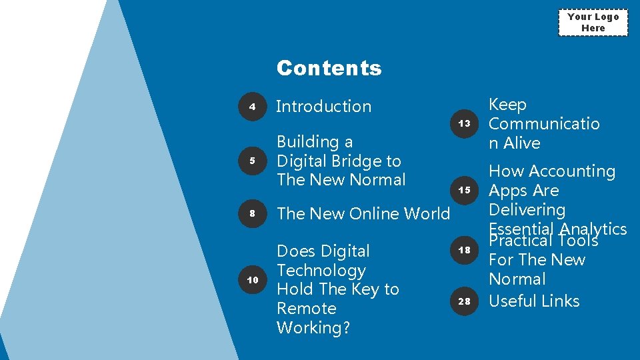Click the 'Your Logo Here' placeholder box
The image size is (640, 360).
[x=593, y=23]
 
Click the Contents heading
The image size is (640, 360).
[x=329, y=68]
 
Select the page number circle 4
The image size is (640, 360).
[x=253, y=107]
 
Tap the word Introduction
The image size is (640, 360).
[x=323, y=106]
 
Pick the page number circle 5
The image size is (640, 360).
[x=253, y=161]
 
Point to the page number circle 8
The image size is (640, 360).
[x=253, y=213]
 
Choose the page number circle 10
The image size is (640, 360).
[x=253, y=280]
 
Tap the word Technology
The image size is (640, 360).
[x=321, y=270]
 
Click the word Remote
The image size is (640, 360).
[x=306, y=308]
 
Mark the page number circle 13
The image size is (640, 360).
[x=465, y=123]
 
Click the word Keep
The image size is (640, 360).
[x=507, y=105]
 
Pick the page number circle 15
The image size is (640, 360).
[x=465, y=190]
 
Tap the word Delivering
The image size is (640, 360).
[x=527, y=210]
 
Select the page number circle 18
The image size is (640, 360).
[x=465, y=250]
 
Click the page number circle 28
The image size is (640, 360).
[x=465, y=301]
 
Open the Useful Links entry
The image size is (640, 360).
[x=534, y=301]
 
